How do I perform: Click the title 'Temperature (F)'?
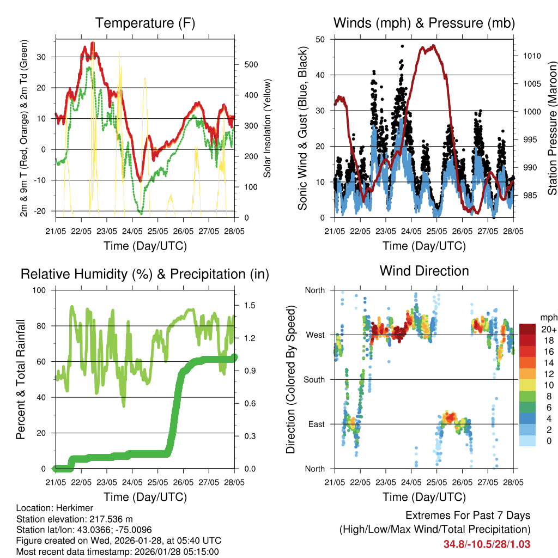click(145, 23)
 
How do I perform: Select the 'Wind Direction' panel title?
click(424, 271)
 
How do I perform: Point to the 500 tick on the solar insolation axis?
click(251, 64)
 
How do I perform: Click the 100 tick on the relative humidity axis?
click(45, 290)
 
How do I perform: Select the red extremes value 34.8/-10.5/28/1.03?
click(487, 544)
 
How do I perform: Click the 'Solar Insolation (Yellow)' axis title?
click(267, 129)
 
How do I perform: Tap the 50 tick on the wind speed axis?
click(320, 39)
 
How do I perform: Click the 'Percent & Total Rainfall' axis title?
click(20, 379)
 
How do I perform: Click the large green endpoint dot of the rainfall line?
click(234, 357)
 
